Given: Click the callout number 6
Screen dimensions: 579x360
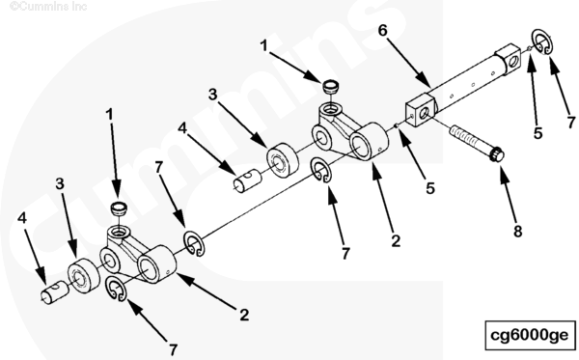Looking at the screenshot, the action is click(x=382, y=31).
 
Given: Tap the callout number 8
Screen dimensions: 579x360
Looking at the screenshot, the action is click(x=517, y=232).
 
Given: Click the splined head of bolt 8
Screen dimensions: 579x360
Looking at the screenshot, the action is click(x=497, y=154).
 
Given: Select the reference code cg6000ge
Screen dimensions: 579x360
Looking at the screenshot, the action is click(x=529, y=335).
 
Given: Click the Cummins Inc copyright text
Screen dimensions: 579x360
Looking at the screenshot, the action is click(x=48, y=6).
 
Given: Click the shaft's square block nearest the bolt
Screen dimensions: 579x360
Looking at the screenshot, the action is click(x=421, y=110).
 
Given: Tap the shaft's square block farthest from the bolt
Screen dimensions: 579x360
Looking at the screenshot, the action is click(x=509, y=57).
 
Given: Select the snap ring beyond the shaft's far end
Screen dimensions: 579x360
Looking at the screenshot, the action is click(x=542, y=42).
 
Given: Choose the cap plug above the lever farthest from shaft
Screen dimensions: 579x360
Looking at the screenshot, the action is click(x=119, y=208).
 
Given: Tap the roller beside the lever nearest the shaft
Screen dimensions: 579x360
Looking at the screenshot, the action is click(x=283, y=159).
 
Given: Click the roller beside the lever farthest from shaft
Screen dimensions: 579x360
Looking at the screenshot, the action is click(x=83, y=276).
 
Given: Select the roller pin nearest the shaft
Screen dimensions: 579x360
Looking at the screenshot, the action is click(x=247, y=180).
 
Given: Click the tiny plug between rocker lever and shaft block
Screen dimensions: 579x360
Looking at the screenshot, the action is click(x=397, y=125).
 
